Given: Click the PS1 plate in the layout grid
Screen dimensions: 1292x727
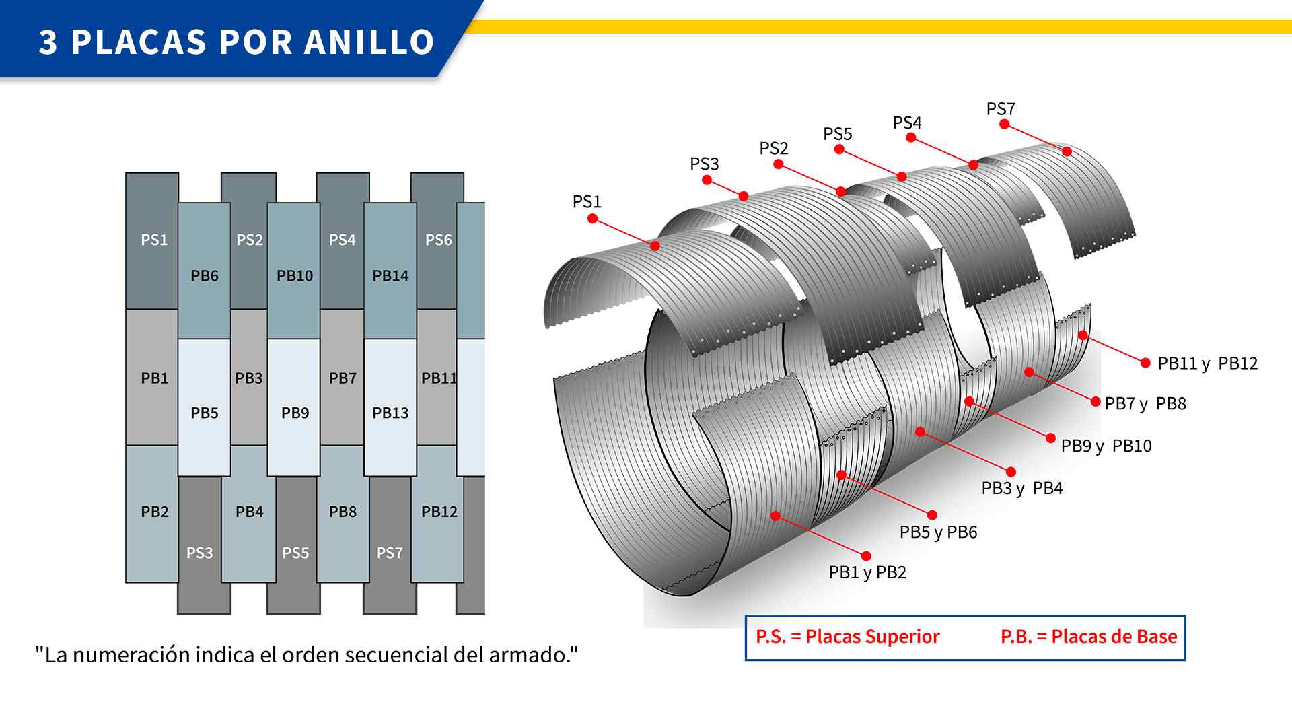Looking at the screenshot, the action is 152,240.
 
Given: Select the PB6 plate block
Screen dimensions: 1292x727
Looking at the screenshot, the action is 205,271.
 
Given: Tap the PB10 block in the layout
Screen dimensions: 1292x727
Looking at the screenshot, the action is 294,271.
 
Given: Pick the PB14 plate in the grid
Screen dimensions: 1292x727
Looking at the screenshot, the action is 390,271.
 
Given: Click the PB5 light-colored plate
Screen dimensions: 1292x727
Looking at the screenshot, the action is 205,407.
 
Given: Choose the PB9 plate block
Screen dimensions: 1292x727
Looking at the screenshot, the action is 294,407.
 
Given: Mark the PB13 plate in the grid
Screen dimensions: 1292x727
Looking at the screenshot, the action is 390,407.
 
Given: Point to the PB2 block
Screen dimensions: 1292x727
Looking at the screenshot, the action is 152,514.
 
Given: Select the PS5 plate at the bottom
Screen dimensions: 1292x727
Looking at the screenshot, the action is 294,545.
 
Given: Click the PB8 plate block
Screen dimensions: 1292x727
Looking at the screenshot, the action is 343,514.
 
